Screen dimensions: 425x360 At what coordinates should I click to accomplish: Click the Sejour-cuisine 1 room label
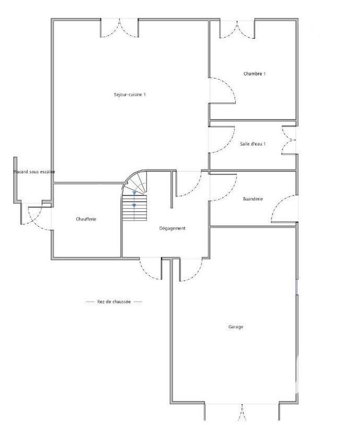click(x=130, y=95)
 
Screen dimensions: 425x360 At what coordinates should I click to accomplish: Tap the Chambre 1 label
click(x=254, y=73)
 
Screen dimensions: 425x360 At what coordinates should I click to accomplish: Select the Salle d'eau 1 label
click(x=253, y=143)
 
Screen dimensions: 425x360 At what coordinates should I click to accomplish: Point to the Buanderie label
click(x=253, y=199)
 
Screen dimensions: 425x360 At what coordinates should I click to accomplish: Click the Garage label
click(x=236, y=327)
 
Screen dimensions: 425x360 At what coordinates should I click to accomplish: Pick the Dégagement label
click(x=173, y=228)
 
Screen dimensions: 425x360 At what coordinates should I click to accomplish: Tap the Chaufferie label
click(x=86, y=219)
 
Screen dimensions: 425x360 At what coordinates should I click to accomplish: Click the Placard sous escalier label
click(x=34, y=172)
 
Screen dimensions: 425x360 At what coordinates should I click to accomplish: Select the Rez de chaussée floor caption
click(x=114, y=301)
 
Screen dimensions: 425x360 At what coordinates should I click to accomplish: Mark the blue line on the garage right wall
click(x=296, y=287)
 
